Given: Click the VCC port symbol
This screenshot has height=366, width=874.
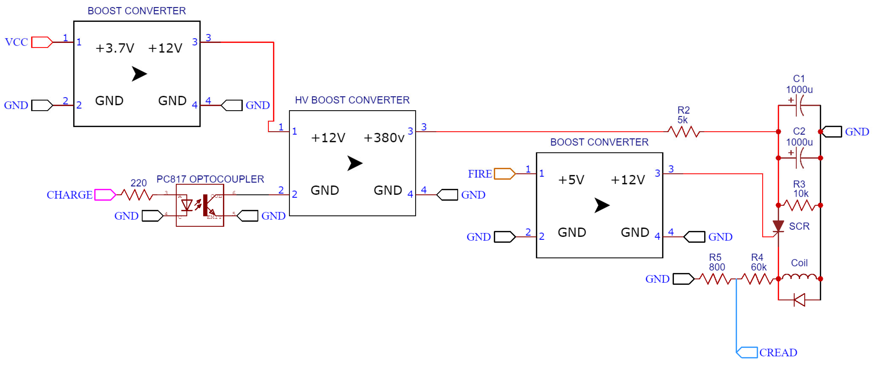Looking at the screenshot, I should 42,42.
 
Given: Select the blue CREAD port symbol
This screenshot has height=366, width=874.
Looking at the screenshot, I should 747,352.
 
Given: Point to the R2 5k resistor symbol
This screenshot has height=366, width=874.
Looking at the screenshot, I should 683,131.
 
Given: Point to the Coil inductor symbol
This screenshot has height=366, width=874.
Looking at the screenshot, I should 799,277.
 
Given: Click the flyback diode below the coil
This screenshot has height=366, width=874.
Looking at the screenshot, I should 799,300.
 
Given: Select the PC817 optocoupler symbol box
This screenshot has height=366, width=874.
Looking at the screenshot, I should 200,205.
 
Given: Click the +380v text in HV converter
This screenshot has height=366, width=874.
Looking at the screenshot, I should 384,138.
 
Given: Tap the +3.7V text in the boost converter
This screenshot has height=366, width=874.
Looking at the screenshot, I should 115,48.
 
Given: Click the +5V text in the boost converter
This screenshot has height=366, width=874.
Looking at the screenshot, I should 571,180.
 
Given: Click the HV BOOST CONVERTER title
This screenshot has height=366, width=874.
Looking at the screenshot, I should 352,100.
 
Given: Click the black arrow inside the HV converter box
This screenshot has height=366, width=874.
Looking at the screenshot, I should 354,163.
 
